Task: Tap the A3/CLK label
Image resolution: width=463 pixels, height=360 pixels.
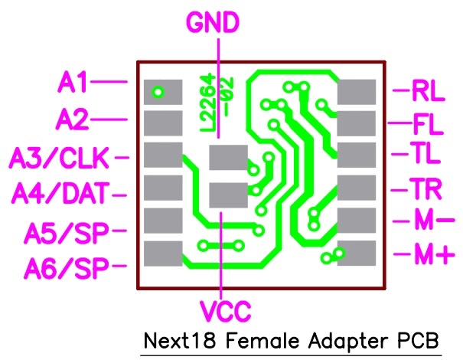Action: click(x=60, y=158)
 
